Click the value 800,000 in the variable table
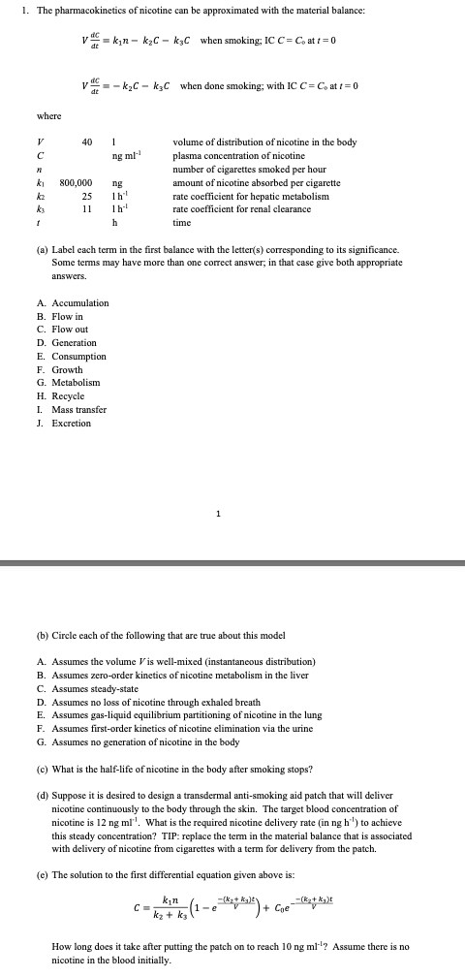click(x=77, y=180)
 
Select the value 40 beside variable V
click(x=86, y=142)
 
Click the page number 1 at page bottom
click(x=219, y=513)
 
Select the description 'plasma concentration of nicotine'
click(x=238, y=155)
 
